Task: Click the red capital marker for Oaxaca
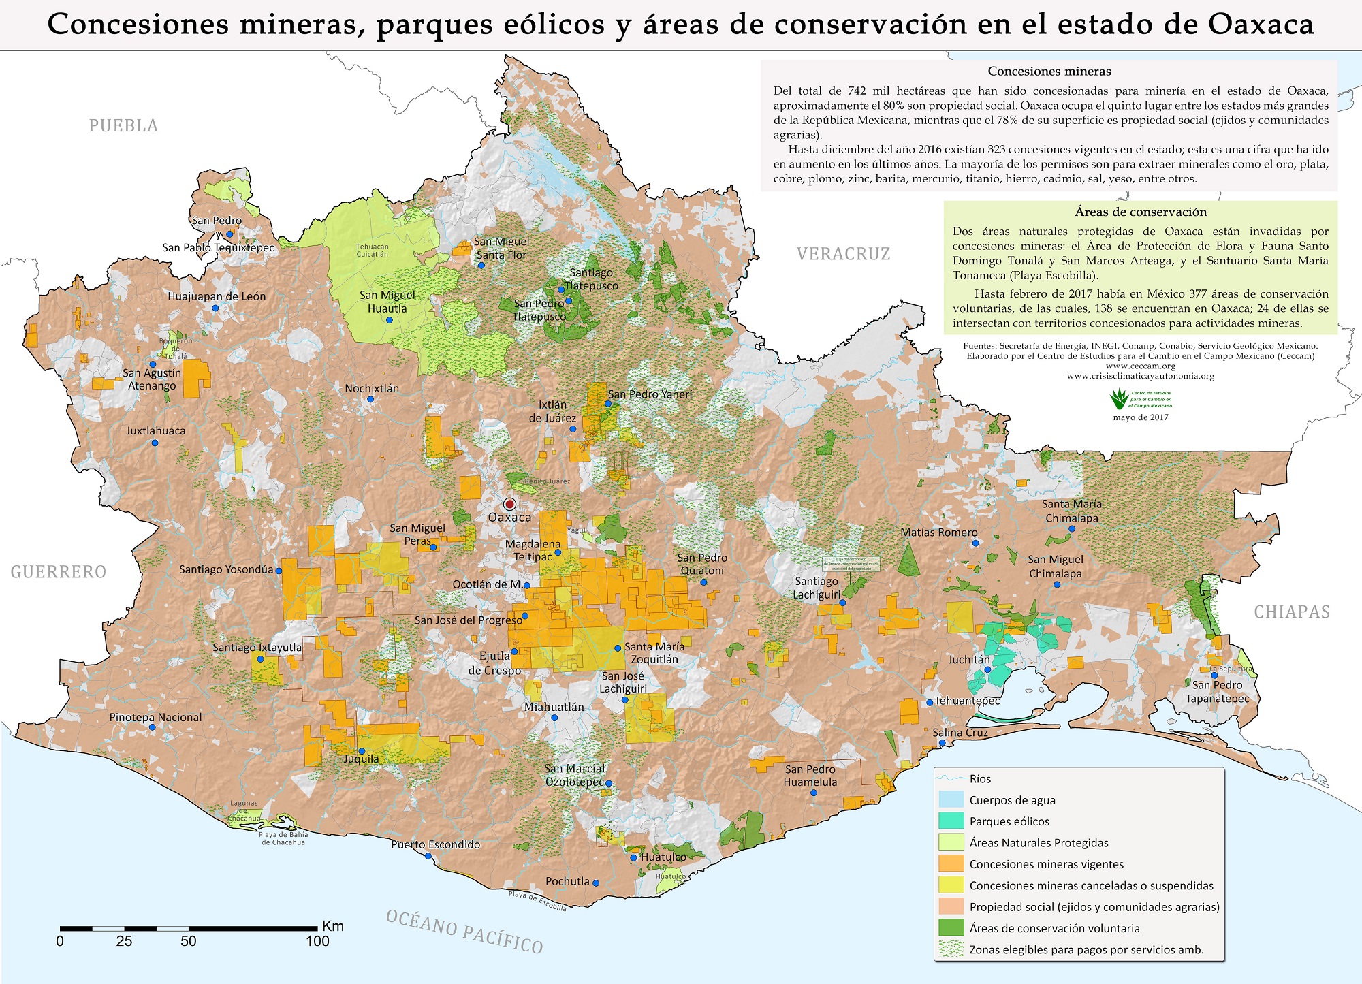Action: click(509, 504)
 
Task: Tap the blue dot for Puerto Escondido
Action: click(428, 856)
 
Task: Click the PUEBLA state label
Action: click(123, 126)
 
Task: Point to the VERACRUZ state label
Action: click(843, 254)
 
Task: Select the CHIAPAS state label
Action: click(1292, 612)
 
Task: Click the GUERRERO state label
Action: click(59, 572)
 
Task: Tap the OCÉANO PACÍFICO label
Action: click(464, 931)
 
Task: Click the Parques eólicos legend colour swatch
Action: click(951, 821)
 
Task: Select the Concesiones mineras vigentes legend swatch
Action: click(951, 863)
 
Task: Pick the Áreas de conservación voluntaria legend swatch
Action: click(951, 927)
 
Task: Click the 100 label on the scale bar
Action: click(317, 942)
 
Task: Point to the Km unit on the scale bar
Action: click(333, 926)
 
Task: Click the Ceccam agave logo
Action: click(1118, 398)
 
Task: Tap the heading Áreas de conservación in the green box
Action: click(1141, 212)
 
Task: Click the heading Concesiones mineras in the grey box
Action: click(1049, 72)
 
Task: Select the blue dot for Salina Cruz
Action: click(942, 743)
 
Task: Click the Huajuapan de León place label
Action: click(217, 296)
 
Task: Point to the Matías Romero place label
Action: click(938, 533)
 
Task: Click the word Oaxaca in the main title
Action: click(1261, 25)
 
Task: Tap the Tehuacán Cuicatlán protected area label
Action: click(373, 251)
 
